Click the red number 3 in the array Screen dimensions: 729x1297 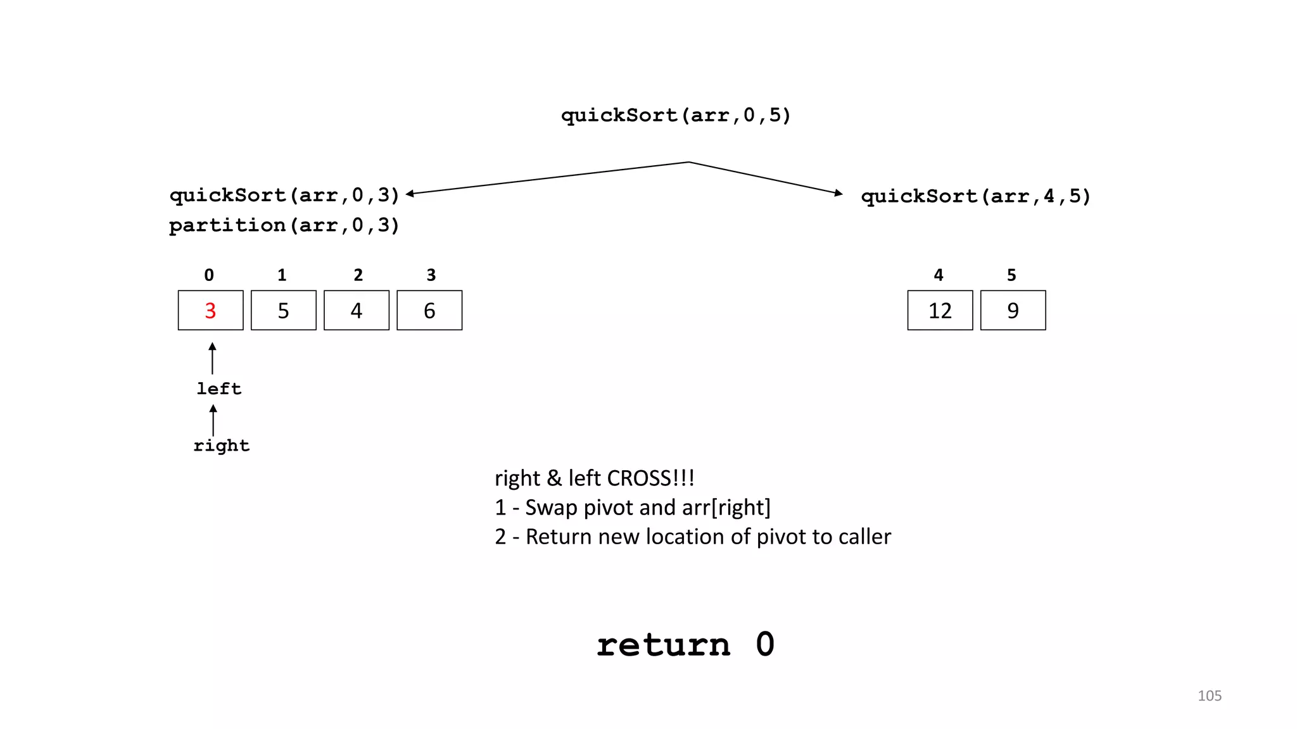[210, 311]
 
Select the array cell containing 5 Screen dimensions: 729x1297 [283, 311]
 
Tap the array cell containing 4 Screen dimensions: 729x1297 [357, 311]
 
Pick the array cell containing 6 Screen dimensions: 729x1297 [429, 311]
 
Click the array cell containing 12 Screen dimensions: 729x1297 [940, 311]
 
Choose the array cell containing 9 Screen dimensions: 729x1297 [1013, 311]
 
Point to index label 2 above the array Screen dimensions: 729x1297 [358, 275]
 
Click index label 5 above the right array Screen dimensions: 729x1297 [1011, 275]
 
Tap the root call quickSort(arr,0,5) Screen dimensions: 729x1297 [676, 115]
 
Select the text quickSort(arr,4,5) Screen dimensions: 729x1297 [975, 196]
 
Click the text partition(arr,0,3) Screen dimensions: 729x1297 [284, 225]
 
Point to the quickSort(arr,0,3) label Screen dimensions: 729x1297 [284, 195]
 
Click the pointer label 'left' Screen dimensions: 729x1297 [218, 389]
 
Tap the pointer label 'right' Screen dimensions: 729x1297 [221, 445]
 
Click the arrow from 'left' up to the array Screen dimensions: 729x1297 [212, 358]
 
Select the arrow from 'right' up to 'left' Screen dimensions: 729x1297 [213, 420]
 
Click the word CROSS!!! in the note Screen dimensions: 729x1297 [650, 478]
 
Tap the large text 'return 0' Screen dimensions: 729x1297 [685, 645]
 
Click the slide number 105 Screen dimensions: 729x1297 [1209, 695]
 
